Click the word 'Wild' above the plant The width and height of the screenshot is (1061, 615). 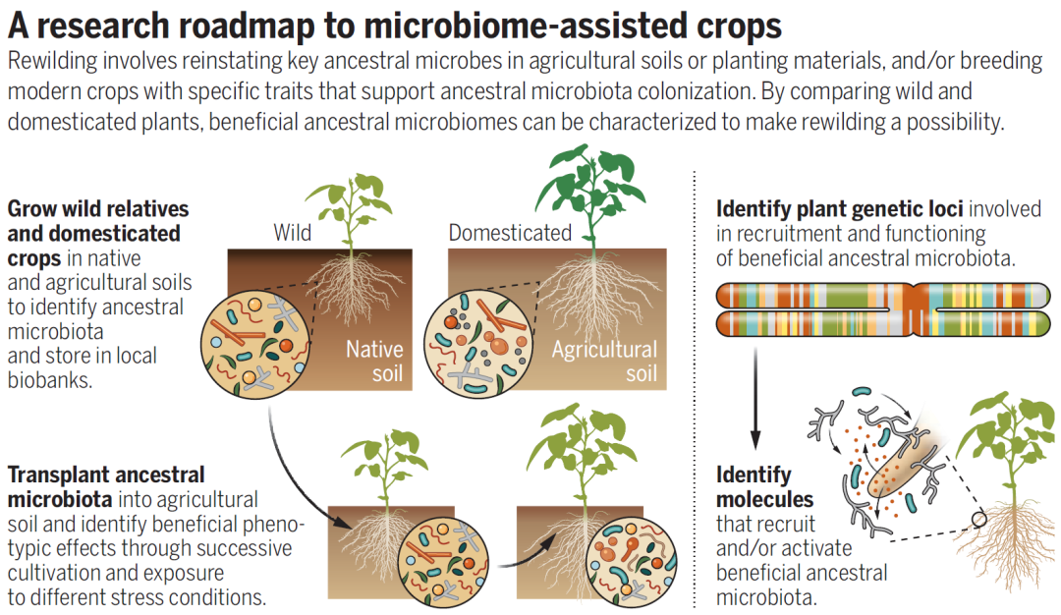click(x=293, y=233)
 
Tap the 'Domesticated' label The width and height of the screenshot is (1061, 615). click(x=510, y=233)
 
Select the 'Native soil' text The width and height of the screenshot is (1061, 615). click(x=373, y=361)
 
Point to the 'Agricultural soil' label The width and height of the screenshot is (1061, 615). click(x=604, y=361)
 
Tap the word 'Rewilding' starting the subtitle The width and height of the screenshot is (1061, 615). click(x=55, y=62)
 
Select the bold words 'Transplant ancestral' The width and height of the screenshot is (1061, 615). click(x=106, y=475)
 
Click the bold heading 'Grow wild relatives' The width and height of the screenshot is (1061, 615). click(x=97, y=209)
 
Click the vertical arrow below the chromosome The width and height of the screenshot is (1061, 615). click(x=754, y=393)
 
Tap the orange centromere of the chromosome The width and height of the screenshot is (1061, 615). click(x=915, y=307)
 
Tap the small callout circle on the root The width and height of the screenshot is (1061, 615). click(x=977, y=520)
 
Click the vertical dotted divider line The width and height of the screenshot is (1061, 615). click(x=696, y=393)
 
